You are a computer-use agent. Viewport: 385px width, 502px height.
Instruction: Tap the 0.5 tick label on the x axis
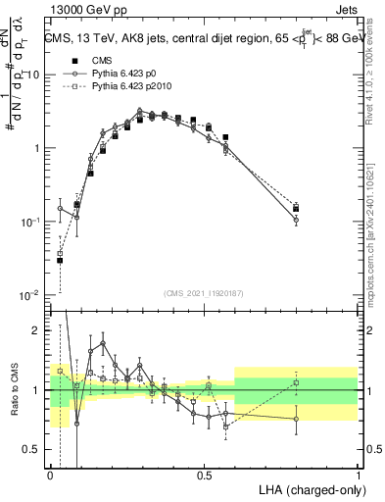click(x=205, y=474)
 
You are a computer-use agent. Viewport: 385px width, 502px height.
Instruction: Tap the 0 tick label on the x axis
click(x=50, y=474)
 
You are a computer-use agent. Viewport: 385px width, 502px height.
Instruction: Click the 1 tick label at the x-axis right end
click(x=360, y=474)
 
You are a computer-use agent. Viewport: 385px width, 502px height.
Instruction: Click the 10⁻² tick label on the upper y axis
click(x=31, y=295)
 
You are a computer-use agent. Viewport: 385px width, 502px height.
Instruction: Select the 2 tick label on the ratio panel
click(x=39, y=330)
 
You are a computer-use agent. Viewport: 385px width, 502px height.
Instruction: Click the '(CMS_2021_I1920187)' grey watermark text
click(x=205, y=293)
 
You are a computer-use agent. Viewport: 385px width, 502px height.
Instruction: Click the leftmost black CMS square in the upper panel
click(x=60, y=260)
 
